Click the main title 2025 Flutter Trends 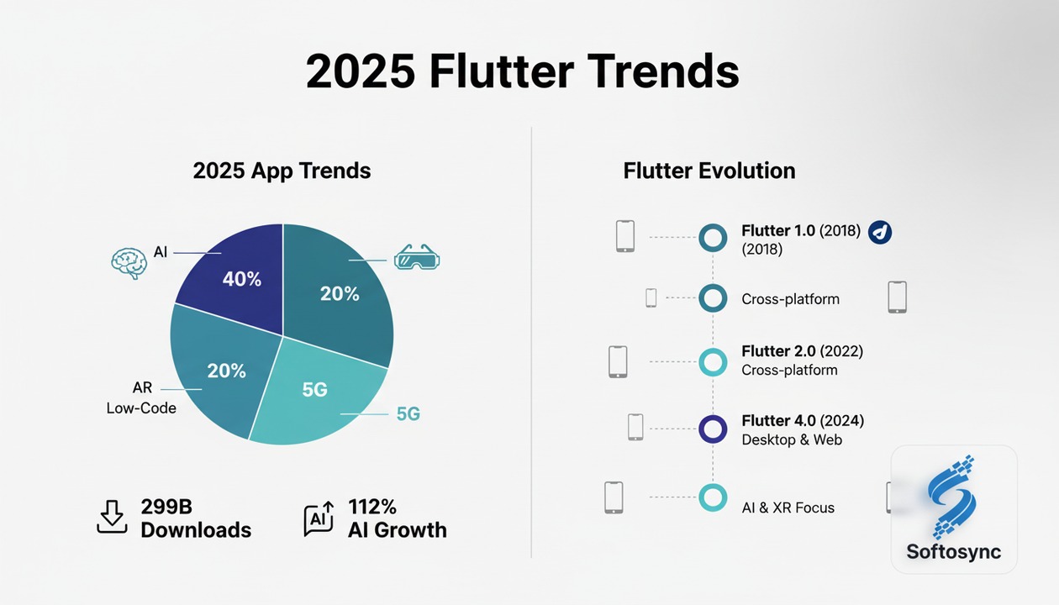(x=522, y=72)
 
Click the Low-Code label (x=141, y=408)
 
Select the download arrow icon (x=111, y=517)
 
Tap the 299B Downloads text (x=195, y=518)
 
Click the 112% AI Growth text (x=397, y=518)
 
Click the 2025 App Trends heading (x=282, y=171)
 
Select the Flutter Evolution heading (x=709, y=171)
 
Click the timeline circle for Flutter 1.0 (x=713, y=238)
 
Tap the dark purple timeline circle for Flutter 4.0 (x=713, y=429)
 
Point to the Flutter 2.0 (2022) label (x=802, y=351)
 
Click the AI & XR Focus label (x=788, y=508)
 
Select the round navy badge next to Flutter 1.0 (x=879, y=232)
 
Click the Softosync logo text (x=953, y=552)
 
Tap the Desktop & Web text (x=791, y=439)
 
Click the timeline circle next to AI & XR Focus (x=713, y=497)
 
